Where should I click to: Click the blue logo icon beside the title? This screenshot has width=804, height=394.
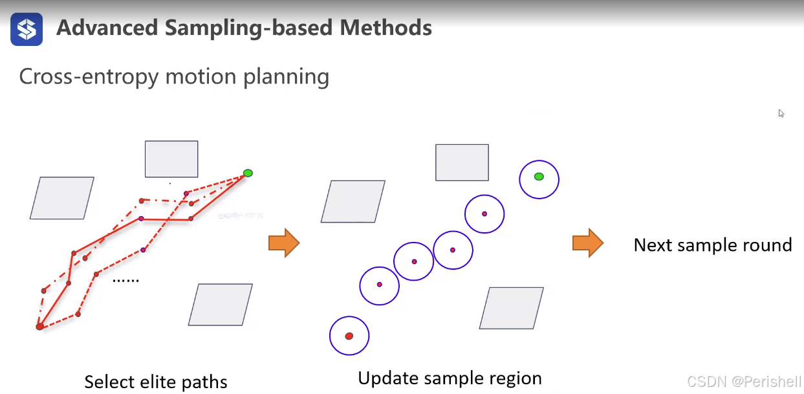coord(27,29)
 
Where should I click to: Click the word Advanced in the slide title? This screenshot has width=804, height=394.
coord(107,28)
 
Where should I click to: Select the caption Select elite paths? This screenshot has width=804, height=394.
coord(156,382)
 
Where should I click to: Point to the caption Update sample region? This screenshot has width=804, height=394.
coord(450,378)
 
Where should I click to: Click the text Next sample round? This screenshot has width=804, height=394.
coord(712,245)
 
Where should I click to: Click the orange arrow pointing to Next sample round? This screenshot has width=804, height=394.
coord(587,243)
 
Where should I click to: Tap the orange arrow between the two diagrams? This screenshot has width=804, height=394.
coord(284,243)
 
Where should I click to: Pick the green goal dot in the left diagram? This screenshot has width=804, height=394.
coord(248,173)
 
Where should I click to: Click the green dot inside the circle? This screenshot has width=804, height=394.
coord(539,177)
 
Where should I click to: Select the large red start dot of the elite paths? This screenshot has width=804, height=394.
coord(39,327)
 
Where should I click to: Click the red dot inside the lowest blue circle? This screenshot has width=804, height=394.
coord(349,336)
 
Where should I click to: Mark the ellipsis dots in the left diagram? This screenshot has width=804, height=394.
coord(126,281)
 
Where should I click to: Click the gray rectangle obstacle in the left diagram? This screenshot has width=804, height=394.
coord(171,159)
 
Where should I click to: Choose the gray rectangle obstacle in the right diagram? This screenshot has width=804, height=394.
coord(462,162)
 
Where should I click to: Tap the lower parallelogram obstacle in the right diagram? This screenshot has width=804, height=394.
coord(511,308)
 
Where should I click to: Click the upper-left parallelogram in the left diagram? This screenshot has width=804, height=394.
coord(62,198)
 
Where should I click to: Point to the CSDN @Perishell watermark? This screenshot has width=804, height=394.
coord(744,382)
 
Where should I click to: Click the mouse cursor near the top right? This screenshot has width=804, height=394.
coord(781,113)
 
